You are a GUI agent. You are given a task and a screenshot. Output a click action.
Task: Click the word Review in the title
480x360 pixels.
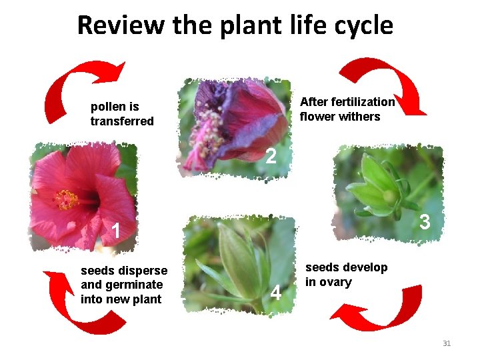[119, 25]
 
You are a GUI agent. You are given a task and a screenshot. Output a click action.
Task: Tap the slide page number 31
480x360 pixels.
[447, 343]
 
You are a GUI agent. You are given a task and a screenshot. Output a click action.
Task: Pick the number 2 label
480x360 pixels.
[270, 157]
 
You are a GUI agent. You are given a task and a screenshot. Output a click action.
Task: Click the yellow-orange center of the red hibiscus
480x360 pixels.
[66, 198]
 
